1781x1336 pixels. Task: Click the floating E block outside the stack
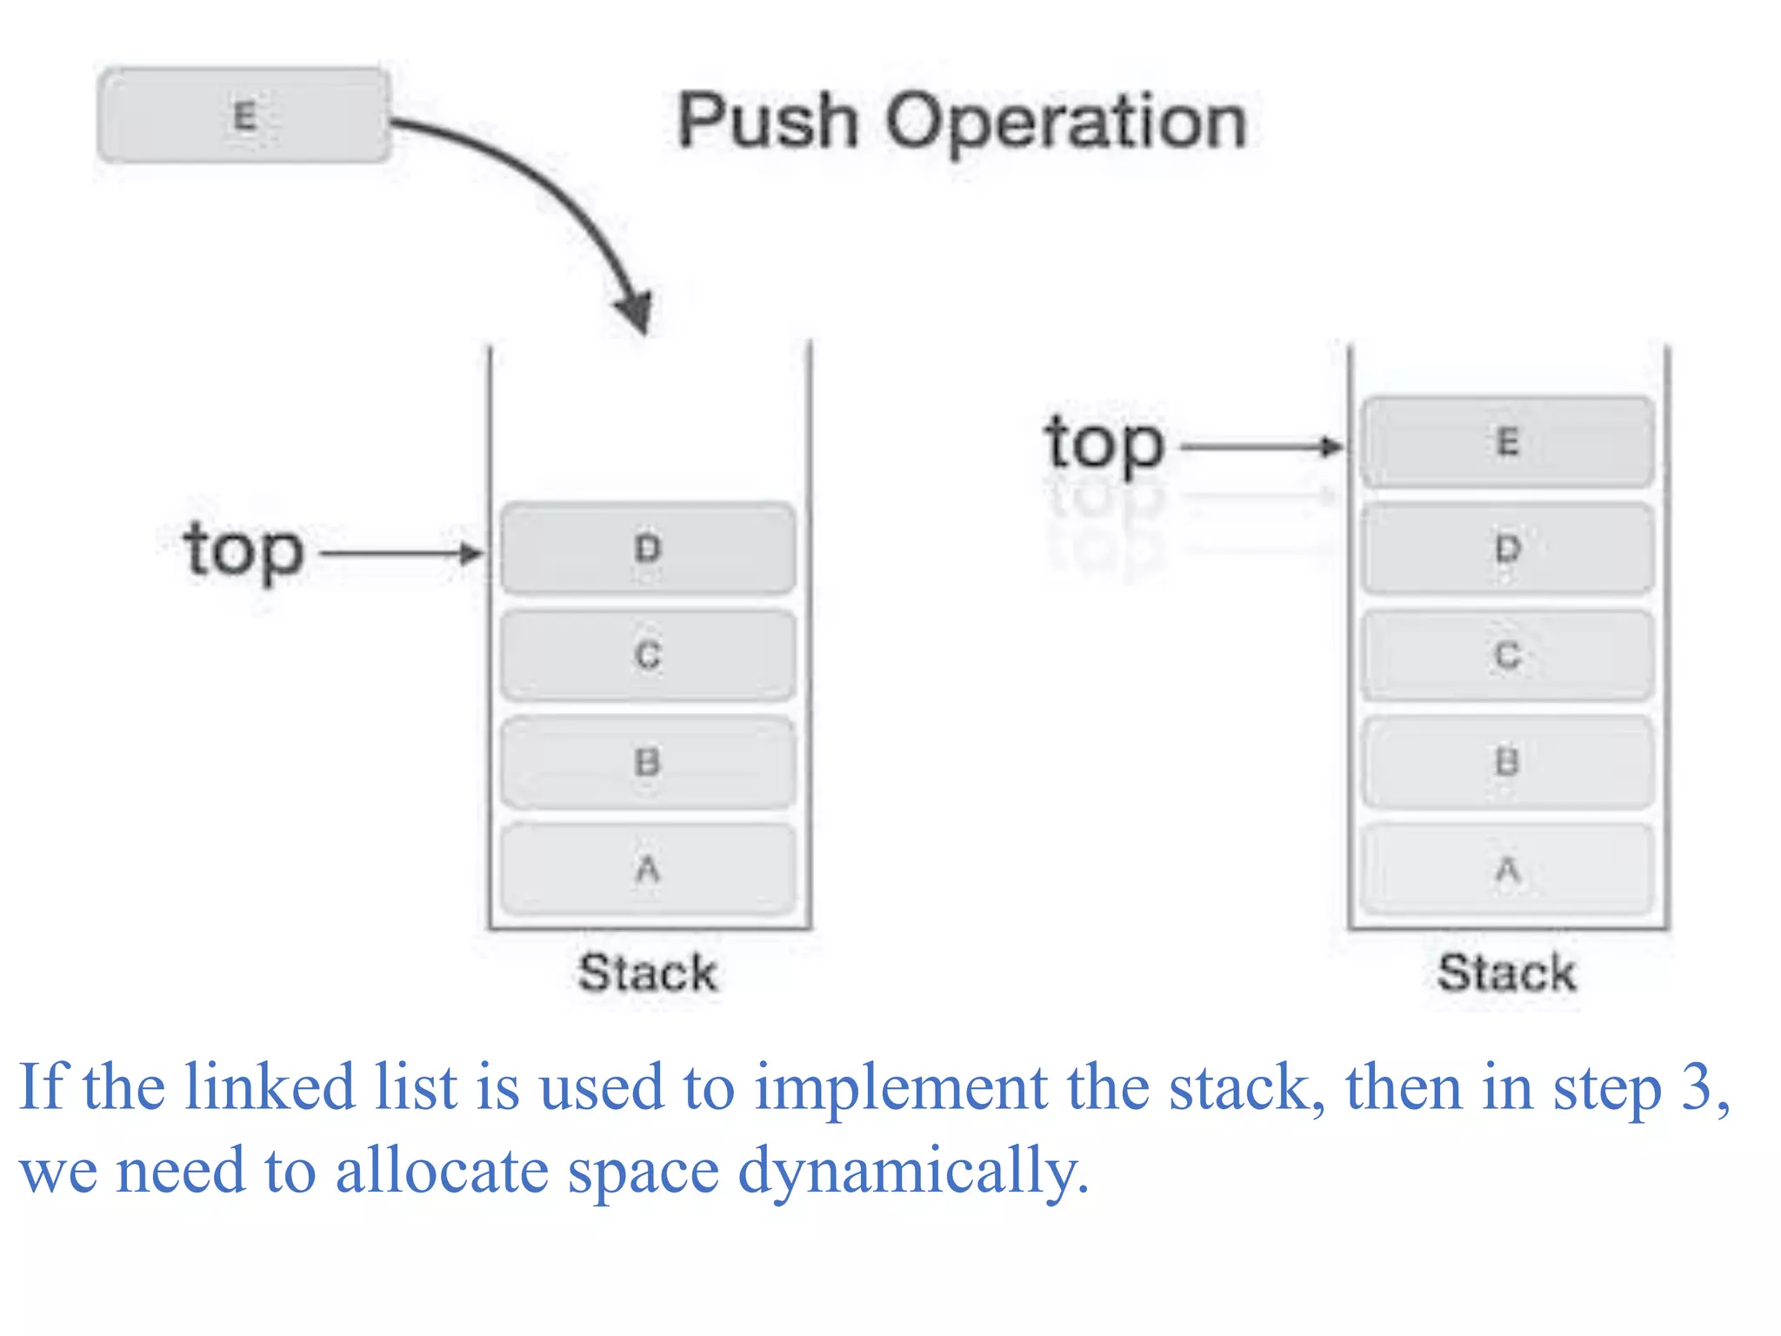[x=243, y=116]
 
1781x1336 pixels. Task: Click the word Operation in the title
[x=1066, y=122]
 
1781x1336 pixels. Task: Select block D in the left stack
[x=648, y=549]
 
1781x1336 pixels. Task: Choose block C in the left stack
[x=648, y=655]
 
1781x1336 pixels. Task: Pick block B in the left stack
[x=648, y=762]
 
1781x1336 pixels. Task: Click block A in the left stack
[x=648, y=869]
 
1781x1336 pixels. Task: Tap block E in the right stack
[x=1507, y=442]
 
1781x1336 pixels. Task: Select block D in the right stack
[x=1507, y=549]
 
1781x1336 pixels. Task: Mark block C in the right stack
[x=1507, y=655]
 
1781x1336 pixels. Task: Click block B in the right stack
[x=1507, y=762]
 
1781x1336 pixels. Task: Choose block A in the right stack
[x=1507, y=869]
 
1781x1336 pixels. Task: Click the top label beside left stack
[x=244, y=551]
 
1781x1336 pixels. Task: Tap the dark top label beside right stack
[x=1104, y=444]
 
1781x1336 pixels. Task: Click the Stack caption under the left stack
[x=648, y=972]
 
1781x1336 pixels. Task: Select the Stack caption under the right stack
[x=1506, y=972]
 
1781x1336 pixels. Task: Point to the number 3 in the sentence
[x=1696, y=1087]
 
